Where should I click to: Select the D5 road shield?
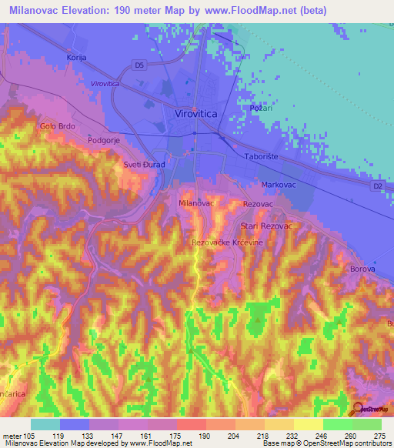tap(139, 65)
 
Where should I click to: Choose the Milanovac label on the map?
tap(195, 202)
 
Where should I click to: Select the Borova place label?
tap(362, 269)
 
